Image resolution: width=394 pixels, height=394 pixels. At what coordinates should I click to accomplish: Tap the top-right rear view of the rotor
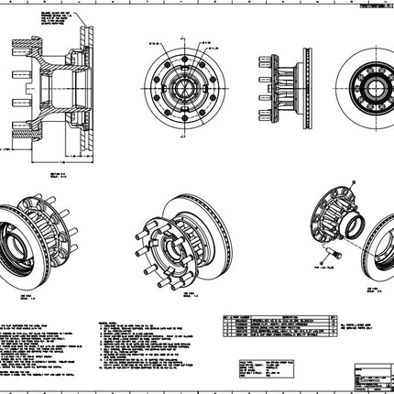coord(364,89)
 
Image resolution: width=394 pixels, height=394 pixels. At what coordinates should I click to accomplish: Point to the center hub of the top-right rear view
coord(364,89)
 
